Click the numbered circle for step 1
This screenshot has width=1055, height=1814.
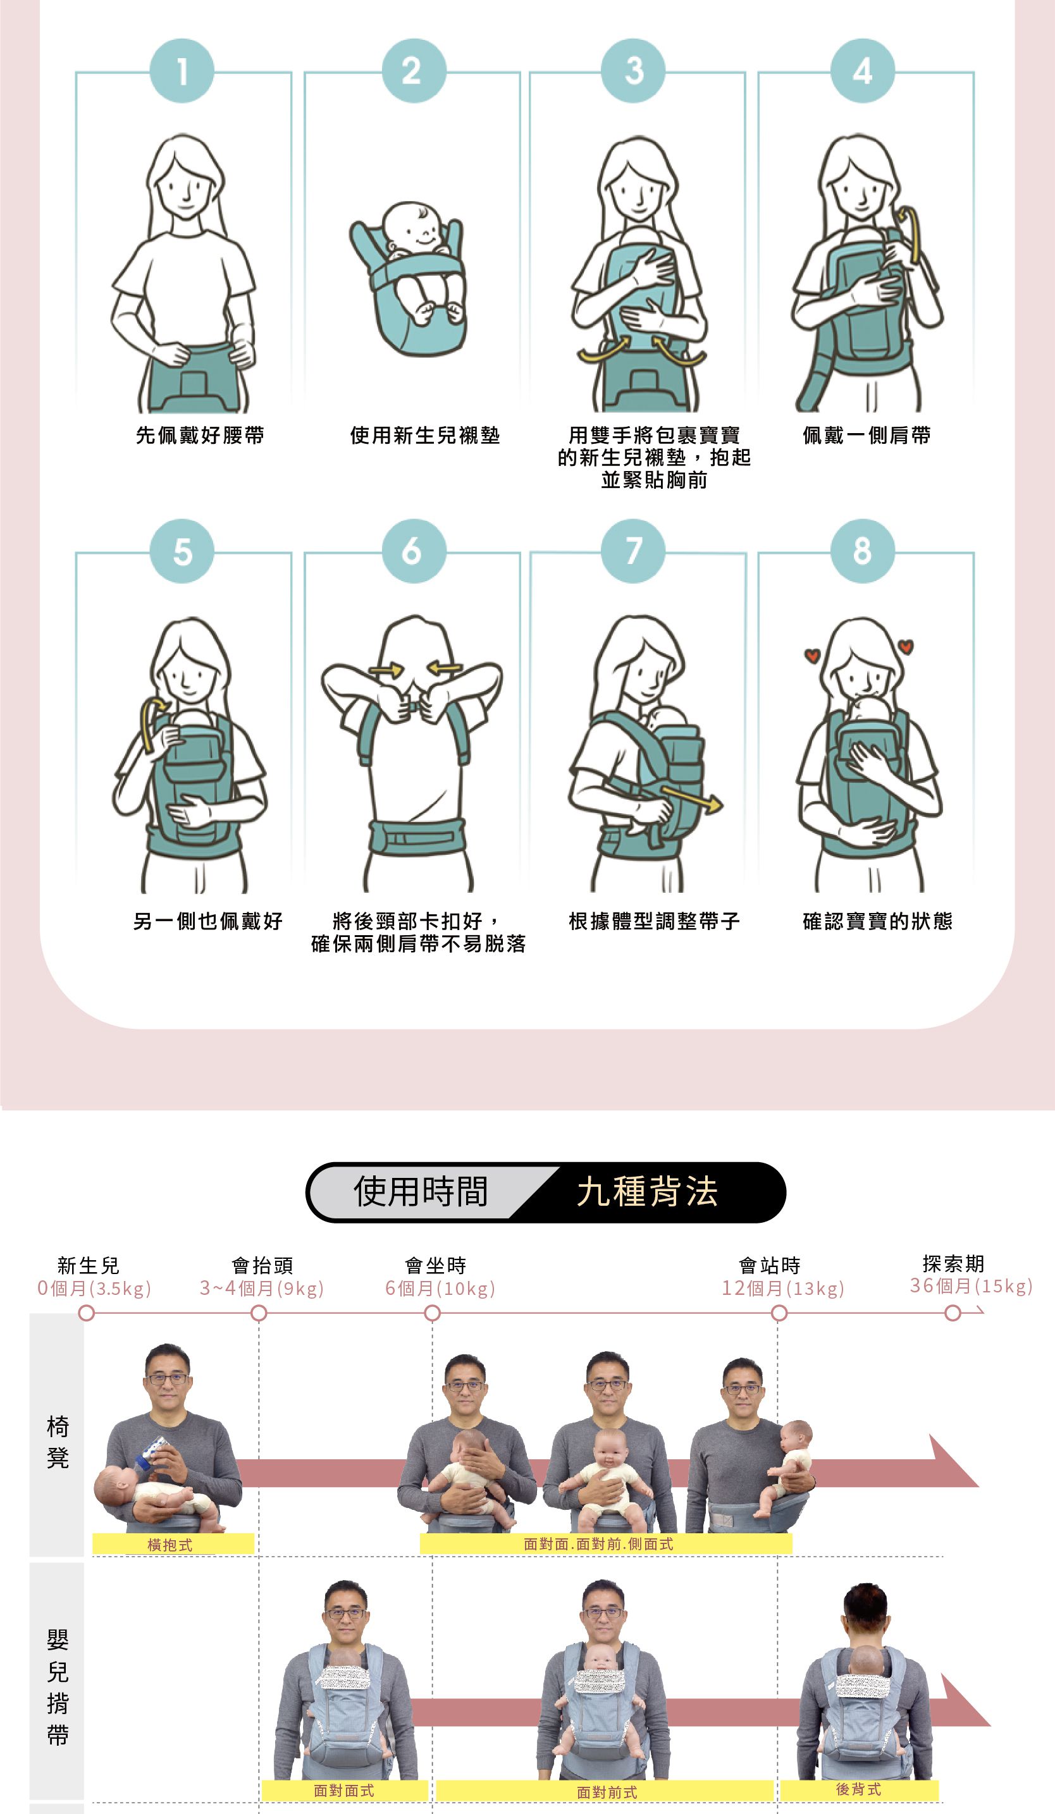pos(182,71)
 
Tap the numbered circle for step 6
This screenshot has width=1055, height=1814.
pos(414,551)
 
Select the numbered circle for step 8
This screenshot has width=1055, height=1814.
pos(863,551)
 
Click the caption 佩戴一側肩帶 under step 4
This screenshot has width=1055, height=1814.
pos(867,435)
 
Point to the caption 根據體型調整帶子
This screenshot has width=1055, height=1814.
pos(654,921)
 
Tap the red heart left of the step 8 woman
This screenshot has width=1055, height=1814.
pos(812,656)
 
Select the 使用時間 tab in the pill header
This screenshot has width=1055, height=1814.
pos(421,1191)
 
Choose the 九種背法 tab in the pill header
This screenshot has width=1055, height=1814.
pos(648,1191)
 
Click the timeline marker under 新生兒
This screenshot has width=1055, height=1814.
pos(87,1313)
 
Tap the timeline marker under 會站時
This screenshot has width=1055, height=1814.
pos(779,1313)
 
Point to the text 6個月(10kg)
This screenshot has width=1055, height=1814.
pos(440,1288)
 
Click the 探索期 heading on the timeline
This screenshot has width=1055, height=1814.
pos(953,1263)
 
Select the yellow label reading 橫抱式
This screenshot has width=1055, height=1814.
pos(173,1544)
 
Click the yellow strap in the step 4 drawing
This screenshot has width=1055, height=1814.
pos(909,233)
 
